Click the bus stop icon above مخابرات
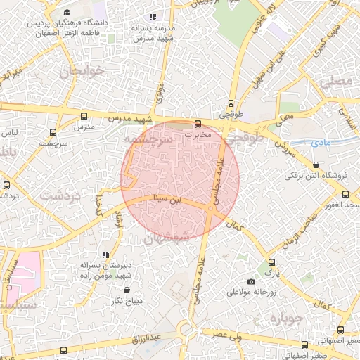[196, 123]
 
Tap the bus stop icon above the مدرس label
[84, 117]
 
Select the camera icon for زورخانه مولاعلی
[252, 281]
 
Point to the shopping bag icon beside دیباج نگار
[127, 290]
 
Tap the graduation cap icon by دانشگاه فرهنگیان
[67, 12]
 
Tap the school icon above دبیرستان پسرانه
[105, 255]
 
